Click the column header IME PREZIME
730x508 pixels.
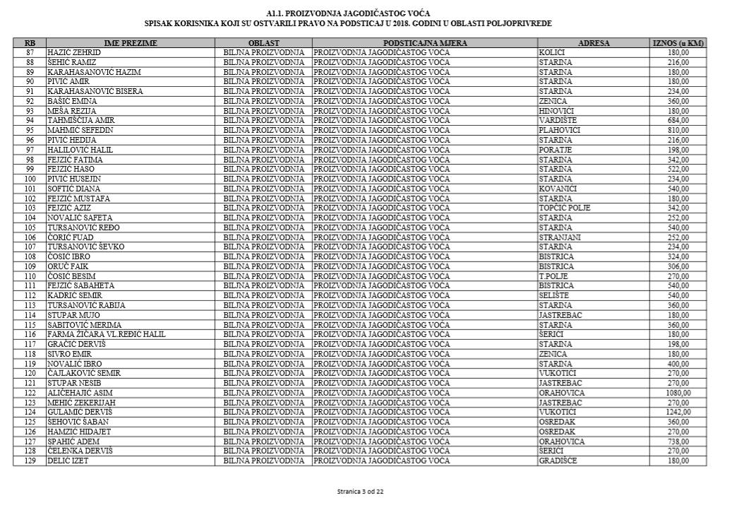131,43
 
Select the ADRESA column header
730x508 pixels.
593,43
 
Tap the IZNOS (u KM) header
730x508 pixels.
678,43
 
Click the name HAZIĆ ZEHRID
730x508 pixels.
74,53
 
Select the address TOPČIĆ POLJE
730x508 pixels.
565,208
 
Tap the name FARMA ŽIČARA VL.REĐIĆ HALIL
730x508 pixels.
106,334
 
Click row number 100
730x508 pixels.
30,179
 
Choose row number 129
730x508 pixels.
30,461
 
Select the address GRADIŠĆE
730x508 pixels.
558,461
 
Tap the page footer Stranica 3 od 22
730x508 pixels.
361,491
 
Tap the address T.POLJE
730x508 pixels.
554,276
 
